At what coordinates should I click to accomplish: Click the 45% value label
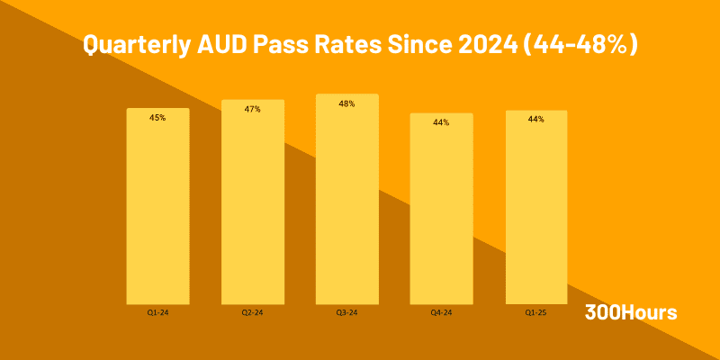157,118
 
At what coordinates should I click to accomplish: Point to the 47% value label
253,109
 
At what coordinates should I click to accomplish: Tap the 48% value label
346,103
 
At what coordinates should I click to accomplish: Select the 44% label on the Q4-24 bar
441,122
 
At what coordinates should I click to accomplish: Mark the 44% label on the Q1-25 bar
536,119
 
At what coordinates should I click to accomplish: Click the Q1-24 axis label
157,313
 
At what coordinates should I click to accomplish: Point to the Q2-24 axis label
253,313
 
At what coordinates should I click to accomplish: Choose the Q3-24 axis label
346,313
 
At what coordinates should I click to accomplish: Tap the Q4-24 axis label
441,313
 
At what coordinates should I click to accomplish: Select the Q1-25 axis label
536,313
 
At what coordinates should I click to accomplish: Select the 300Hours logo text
631,312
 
